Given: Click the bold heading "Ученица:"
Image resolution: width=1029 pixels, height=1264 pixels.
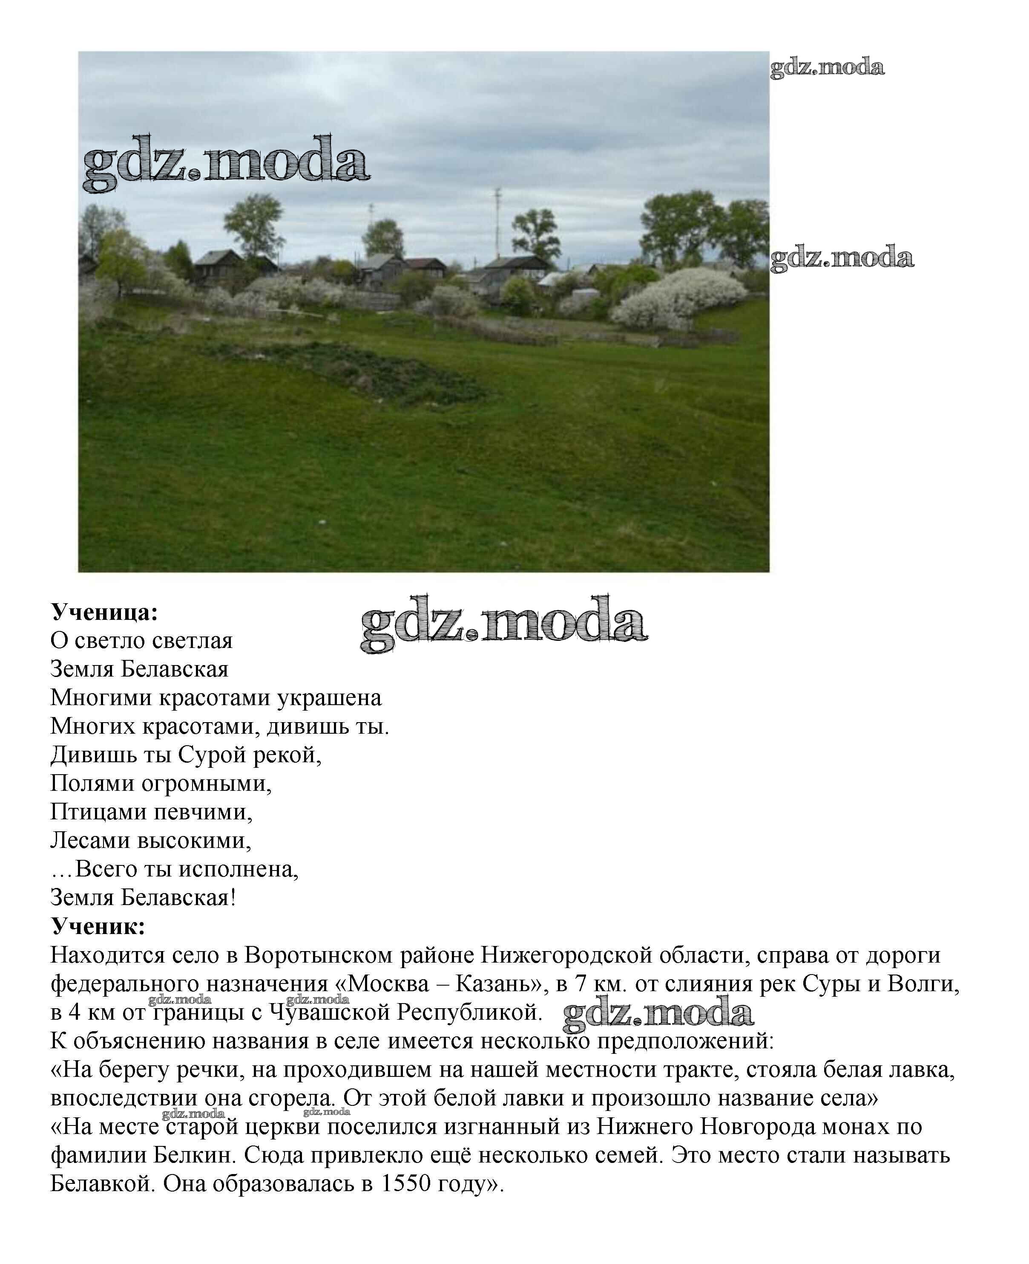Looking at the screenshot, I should pyautogui.click(x=104, y=613).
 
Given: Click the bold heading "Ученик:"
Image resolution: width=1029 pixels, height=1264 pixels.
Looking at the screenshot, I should pyautogui.click(x=98, y=926).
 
